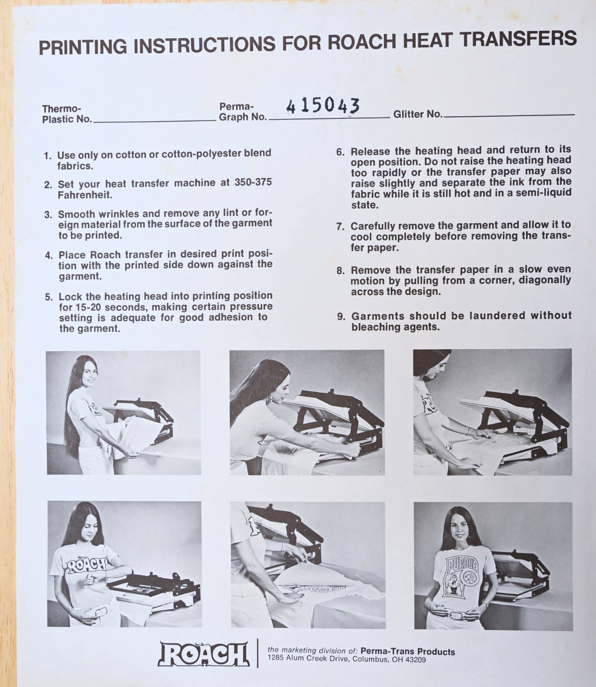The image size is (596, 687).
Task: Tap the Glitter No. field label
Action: pos(418,114)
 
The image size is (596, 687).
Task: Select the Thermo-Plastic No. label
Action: pos(67,114)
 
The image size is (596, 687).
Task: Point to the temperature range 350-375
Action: pos(253,182)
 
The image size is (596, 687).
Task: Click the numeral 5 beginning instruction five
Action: pos(48,297)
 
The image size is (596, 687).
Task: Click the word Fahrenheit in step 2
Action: pos(85,195)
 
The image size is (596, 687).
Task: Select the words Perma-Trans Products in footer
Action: pos(408,651)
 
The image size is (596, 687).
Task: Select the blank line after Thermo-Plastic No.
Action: pos(154,121)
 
